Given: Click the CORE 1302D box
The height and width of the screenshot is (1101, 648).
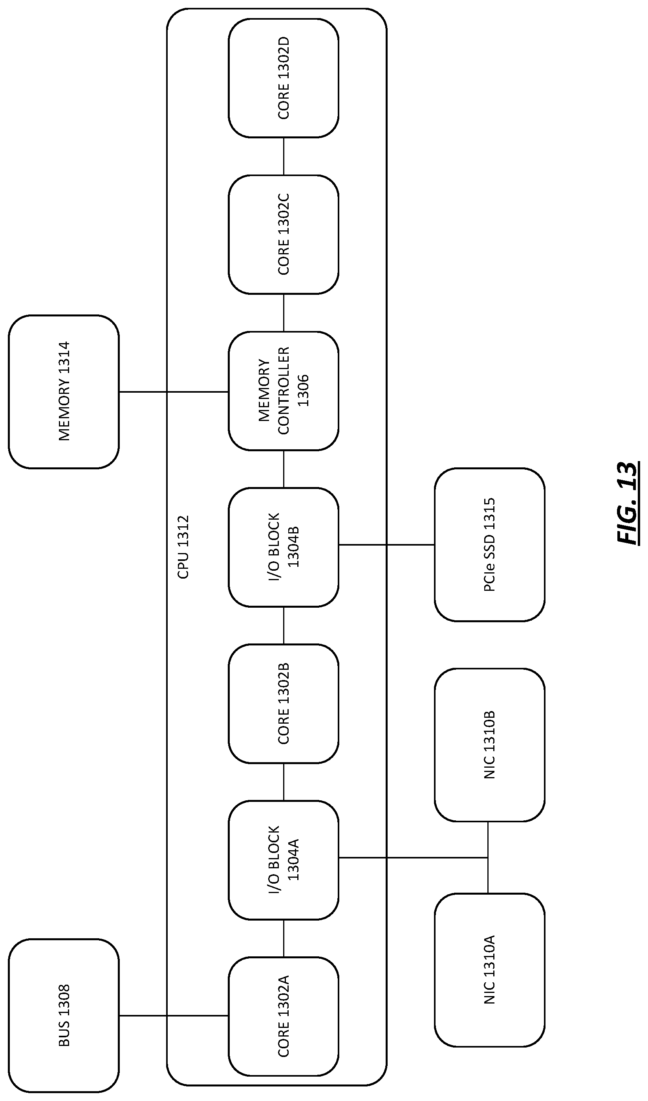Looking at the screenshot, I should click(284, 78).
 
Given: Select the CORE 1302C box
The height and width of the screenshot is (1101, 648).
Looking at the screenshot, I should click(284, 235).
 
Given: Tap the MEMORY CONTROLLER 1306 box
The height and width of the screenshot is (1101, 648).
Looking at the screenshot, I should click(284, 391).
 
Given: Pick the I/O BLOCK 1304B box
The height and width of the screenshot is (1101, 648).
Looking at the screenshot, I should click(284, 547).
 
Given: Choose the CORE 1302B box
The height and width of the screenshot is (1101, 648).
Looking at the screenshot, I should click(284, 704).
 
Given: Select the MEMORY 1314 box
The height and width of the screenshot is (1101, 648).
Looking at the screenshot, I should click(64, 392).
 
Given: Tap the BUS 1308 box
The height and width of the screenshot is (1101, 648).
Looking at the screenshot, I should click(64, 1015).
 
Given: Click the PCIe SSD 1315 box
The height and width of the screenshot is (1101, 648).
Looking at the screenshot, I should click(489, 544).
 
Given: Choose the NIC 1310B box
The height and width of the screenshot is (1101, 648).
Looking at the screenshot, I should click(489, 744).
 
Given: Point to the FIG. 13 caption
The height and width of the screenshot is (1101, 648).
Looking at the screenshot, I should click(628, 503).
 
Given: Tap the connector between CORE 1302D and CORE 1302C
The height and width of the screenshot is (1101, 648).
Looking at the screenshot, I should click(284, 156).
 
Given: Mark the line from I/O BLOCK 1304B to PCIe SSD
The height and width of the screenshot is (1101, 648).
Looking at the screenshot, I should click(386, 545).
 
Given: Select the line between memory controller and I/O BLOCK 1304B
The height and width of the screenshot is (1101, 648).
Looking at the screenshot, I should click(284, 469).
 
